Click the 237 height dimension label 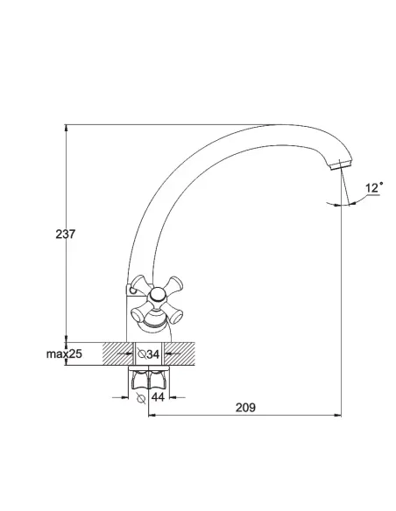coord(66,234)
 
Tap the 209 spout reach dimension coord(245,408)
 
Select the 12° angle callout coord(374,188)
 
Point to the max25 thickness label coord(64,353)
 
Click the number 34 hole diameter coord(152,354)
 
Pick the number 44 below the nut coord(158,397)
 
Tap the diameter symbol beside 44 coord(141,398)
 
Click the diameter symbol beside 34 coord(142,353)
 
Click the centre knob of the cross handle coord(158,295)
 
